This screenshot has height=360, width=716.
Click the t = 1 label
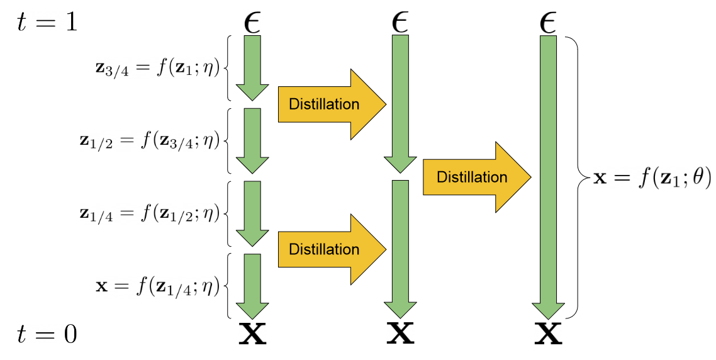tap(48, 23)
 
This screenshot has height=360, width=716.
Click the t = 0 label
tap(48, 334)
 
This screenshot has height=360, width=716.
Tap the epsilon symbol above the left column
tap(252, 23)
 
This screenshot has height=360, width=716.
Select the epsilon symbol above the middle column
tap(400, 23)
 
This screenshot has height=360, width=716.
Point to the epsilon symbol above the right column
tap(548, 23)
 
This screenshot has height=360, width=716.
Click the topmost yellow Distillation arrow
tap(331, 104)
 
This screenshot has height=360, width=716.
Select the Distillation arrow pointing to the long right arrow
tap(476, 177)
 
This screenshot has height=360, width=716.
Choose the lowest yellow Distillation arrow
tap(331, 249)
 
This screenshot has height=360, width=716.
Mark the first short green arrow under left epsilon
tap(252, 67)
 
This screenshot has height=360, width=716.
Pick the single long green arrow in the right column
tap(548, 177)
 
